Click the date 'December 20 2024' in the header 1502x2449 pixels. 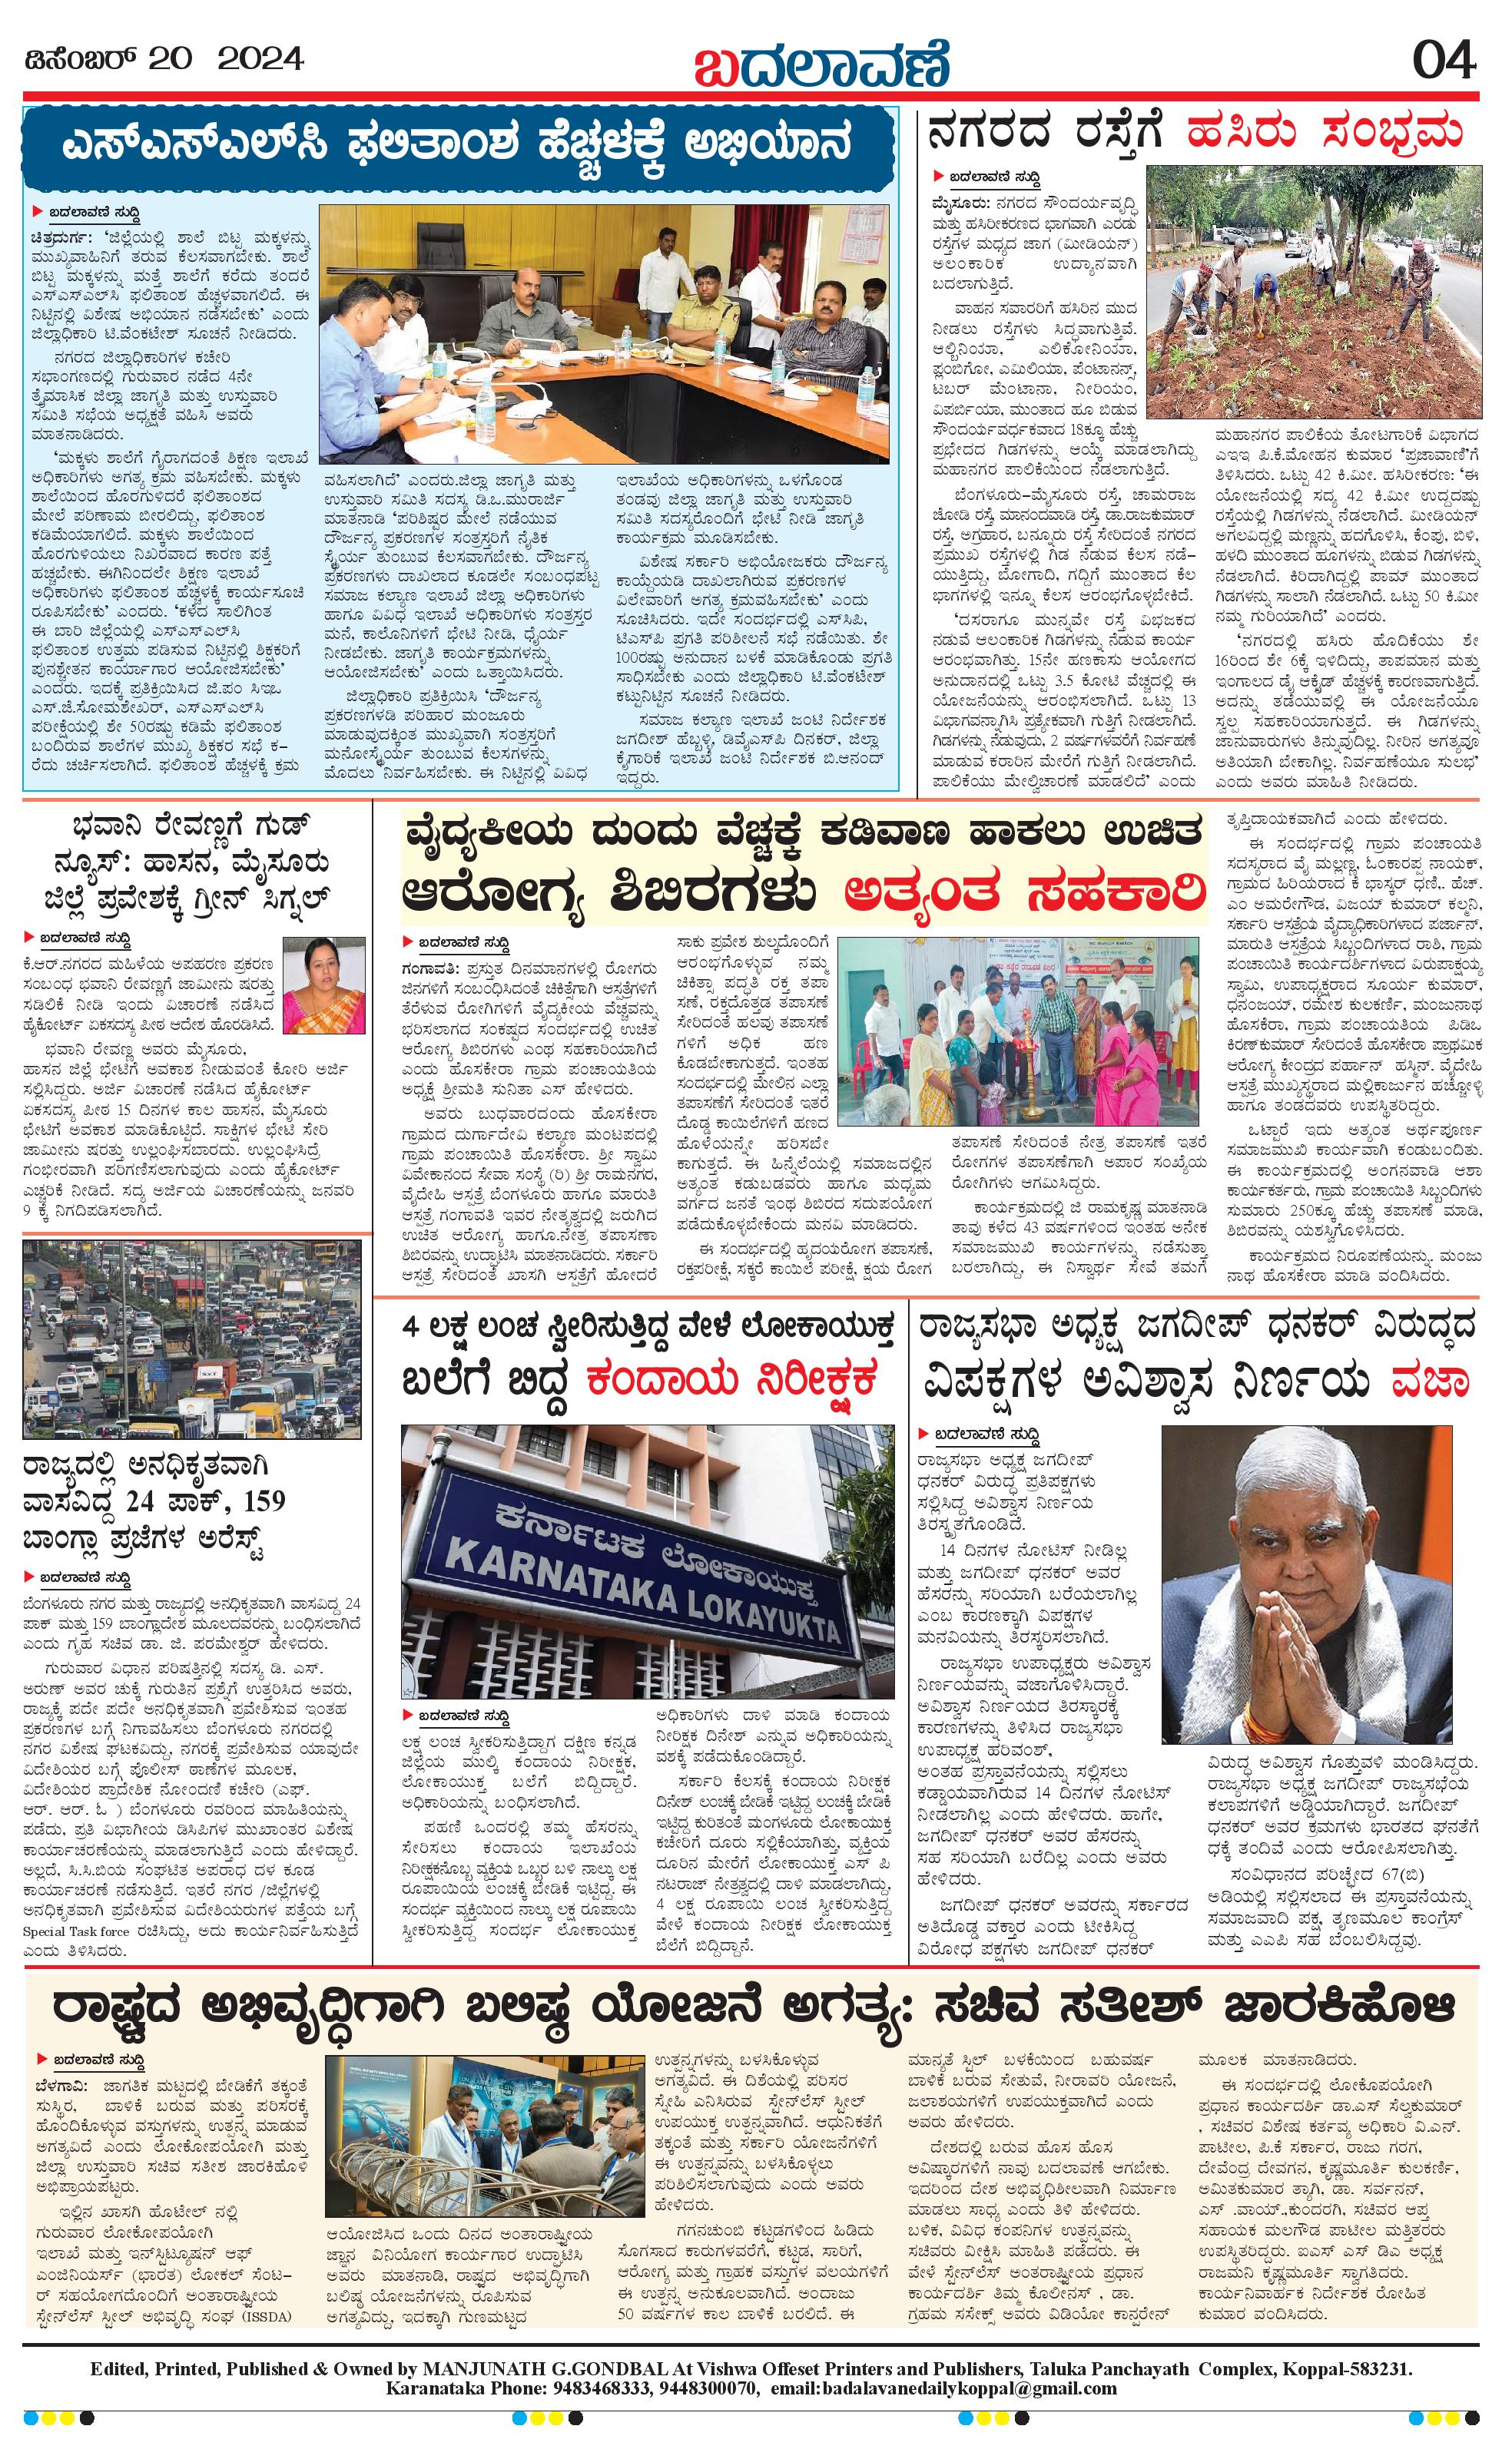click(163, 60)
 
